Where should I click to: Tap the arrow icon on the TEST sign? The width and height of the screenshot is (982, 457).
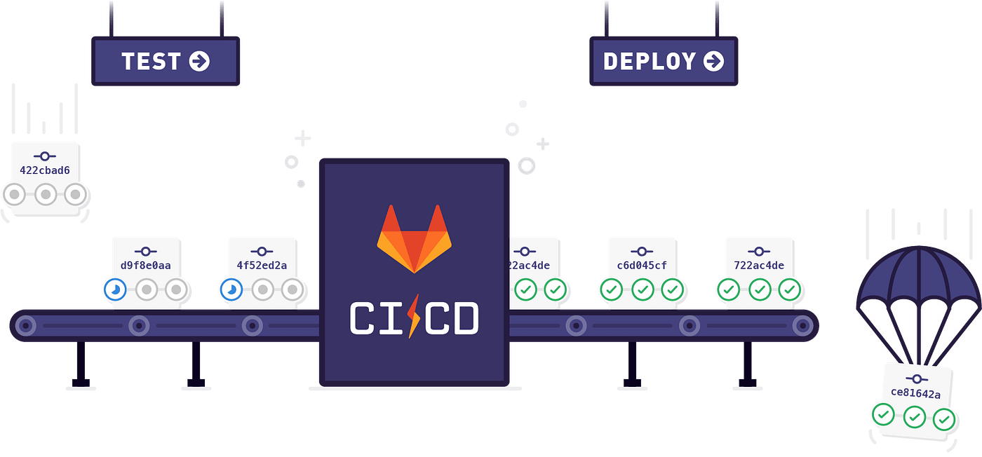click(199, 62)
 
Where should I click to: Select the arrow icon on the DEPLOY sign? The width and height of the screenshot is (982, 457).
click(713, 62)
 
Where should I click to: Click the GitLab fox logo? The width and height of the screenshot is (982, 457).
click(414, 238)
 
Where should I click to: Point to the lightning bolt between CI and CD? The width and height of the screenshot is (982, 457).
click(414, 316)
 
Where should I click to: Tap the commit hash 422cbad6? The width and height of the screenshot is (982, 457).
click(45, 170)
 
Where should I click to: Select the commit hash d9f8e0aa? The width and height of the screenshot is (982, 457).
click(146, 266)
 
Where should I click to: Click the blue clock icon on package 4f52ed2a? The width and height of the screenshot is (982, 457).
click(231, 289)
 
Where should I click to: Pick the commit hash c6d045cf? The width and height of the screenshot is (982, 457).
click(642, 266)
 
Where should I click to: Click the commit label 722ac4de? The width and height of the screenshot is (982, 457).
click(759, 266)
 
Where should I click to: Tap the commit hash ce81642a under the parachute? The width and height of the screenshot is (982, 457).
click(915, 394)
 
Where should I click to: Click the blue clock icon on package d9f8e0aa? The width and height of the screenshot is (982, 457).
click(115, 289)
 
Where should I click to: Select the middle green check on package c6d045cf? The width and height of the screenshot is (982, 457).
click(642, 288)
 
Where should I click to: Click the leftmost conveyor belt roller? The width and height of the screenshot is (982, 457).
click(26, 325)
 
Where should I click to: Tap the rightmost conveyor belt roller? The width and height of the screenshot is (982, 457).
click(802, 325)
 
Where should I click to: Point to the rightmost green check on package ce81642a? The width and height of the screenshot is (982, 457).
click(945, 420)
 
